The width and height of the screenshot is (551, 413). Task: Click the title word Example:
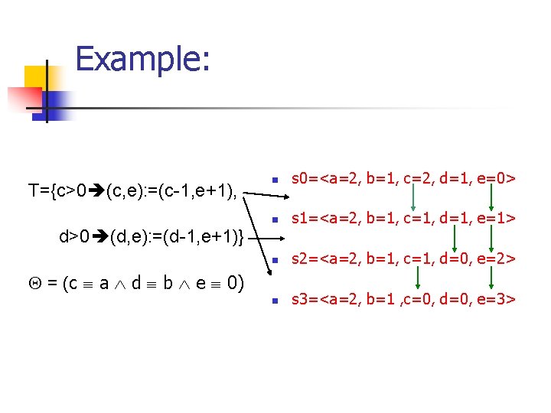pos(142,60)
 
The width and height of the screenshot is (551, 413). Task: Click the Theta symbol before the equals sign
pos(33,284)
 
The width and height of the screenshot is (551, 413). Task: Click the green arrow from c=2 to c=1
pos(413,199)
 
